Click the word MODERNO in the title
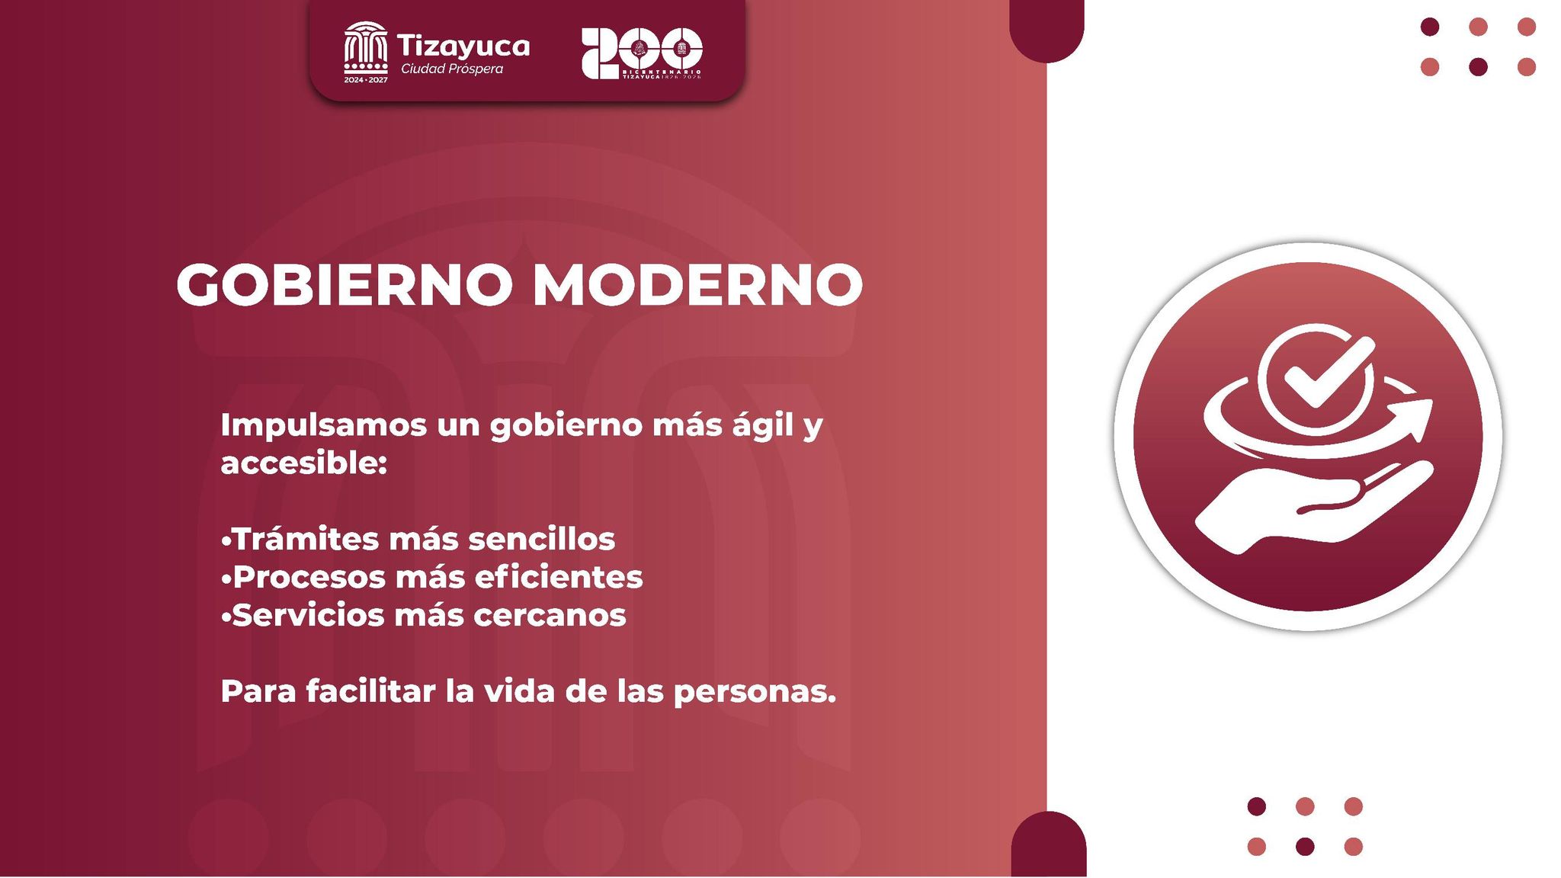coord(697,285)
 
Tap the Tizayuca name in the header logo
coord(463,46)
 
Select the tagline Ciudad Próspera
coord(452,69)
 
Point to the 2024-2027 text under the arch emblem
coord(366,80)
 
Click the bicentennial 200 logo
coord(641,53)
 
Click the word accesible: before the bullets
coord(304,463)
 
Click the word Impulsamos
coord(323,426)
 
